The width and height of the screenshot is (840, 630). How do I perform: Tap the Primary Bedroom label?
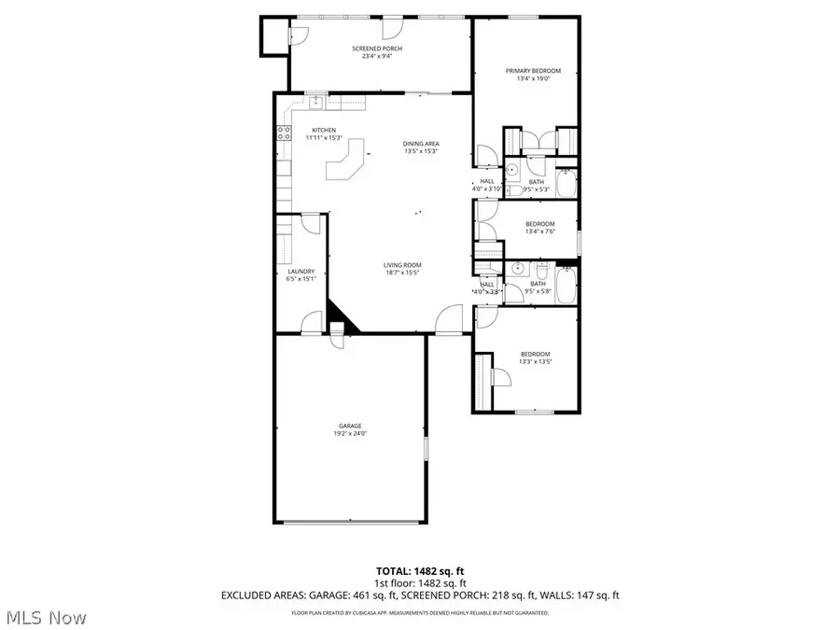click(x=533, y=71)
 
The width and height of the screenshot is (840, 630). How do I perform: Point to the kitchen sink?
click(x=316, y=100)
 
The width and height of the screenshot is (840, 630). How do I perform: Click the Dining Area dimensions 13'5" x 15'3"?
click(x=421, y=150)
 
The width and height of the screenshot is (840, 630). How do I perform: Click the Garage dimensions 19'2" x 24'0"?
click(x=349, y=433)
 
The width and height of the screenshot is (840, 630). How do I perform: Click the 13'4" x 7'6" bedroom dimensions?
click(x=539, y=231)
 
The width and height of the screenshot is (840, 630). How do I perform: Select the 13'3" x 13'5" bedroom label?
click(x=535, y=354)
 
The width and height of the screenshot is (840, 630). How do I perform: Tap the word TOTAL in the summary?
click(x=393, y=569)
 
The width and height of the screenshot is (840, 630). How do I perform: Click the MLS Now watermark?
click(x=47, y=618)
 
